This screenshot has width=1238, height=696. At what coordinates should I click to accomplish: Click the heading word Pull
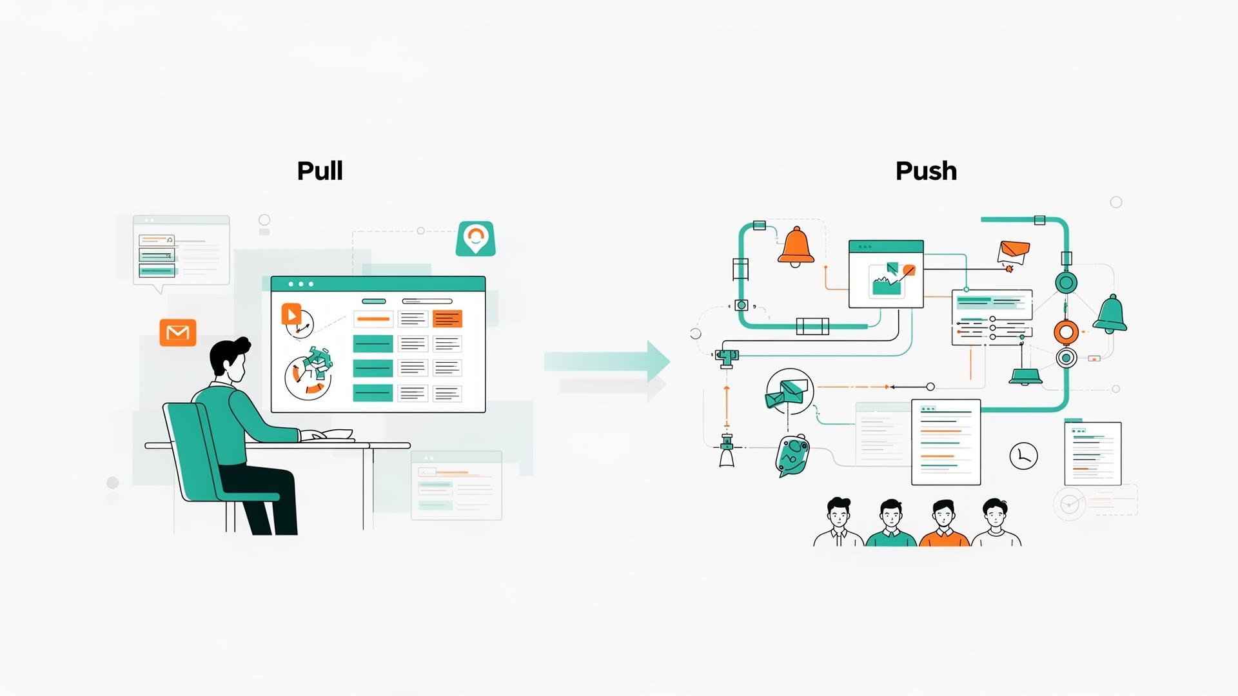tap(320, 171)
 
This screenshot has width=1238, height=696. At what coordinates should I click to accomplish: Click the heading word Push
tap(926, 171)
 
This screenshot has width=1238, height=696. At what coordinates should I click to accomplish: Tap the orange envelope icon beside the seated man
tap(178, 333)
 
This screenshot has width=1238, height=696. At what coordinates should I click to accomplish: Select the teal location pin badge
tap(476, 238)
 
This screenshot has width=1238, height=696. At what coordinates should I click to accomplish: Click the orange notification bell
tap(796, 246)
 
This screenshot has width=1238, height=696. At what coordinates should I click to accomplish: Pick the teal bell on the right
tap(1110, 314)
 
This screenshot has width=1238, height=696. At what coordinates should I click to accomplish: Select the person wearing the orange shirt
tap(943, 523)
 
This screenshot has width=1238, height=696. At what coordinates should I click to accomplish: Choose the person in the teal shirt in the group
tap(890, 523)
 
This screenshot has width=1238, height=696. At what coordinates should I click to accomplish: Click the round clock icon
tap(1023, 456)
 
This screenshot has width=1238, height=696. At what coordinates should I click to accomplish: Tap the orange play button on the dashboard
tap(291, 314)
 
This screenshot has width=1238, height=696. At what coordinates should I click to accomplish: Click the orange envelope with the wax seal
tap(1013, 253)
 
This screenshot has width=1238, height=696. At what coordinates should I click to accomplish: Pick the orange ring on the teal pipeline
tap(1066, 333)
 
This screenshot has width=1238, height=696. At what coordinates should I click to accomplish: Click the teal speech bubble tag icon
tap(792, 455)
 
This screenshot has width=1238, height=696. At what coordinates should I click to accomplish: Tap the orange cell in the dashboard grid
tap(447, 319)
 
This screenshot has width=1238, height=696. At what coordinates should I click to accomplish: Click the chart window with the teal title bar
tap(886, 275)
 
